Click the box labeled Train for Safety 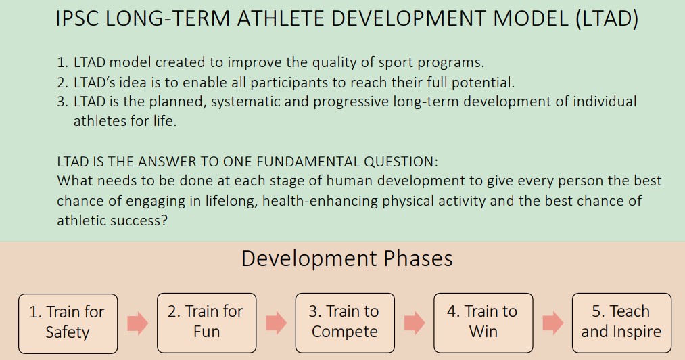(68, 323)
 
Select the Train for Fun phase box (207, 323)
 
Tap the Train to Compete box (345, 323)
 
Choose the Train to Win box (483, 323)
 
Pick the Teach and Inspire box (621, 323)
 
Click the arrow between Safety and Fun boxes (138, 323)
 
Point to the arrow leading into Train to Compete (276, 323)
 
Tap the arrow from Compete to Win (415, 323)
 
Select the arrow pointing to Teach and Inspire (553, 323)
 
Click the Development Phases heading (347, 258)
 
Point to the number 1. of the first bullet (63, 62)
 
